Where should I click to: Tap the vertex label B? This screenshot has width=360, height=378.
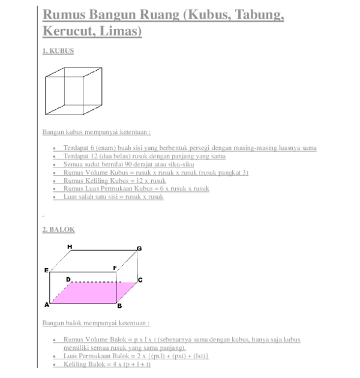119,306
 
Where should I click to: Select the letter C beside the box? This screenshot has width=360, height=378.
139,280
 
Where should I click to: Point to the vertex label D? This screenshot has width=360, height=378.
68,279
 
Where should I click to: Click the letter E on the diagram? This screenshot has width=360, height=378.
46,271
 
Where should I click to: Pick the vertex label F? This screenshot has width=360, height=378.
115,268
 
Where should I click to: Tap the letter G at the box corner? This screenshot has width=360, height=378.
139,248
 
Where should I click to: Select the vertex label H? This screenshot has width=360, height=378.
70,247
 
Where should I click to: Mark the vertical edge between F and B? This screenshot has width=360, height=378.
116,288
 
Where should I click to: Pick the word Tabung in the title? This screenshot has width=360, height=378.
259,14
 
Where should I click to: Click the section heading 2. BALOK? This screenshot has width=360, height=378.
58,229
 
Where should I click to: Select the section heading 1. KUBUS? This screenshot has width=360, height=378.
58,52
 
